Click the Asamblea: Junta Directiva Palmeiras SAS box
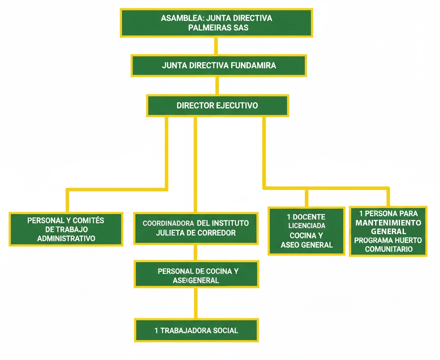(216, 23)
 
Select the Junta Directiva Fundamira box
(218, 66)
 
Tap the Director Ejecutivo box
(217, 105)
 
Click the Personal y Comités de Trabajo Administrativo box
(66, 229)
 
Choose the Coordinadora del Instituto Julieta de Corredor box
(196, 228)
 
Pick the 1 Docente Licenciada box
(306, 231)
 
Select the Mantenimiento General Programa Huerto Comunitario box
(388, 231)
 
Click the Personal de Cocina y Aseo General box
(196, 275)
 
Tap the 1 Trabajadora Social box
(196, 330)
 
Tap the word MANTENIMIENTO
(388, 223)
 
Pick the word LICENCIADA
(306, 226)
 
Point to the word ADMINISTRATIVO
(66, 238)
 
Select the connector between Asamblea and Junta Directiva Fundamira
(216, 46)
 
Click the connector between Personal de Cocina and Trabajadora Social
(196, 303)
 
